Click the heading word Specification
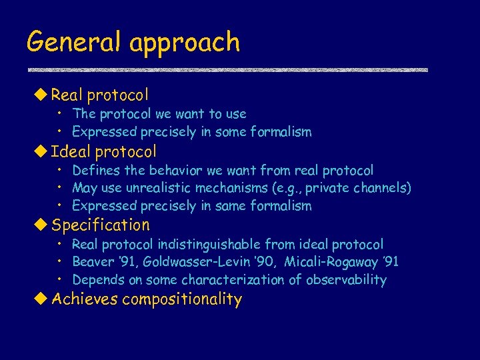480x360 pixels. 101,225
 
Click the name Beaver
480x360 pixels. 93,262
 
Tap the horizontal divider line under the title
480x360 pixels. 227,70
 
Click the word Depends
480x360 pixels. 96,280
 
